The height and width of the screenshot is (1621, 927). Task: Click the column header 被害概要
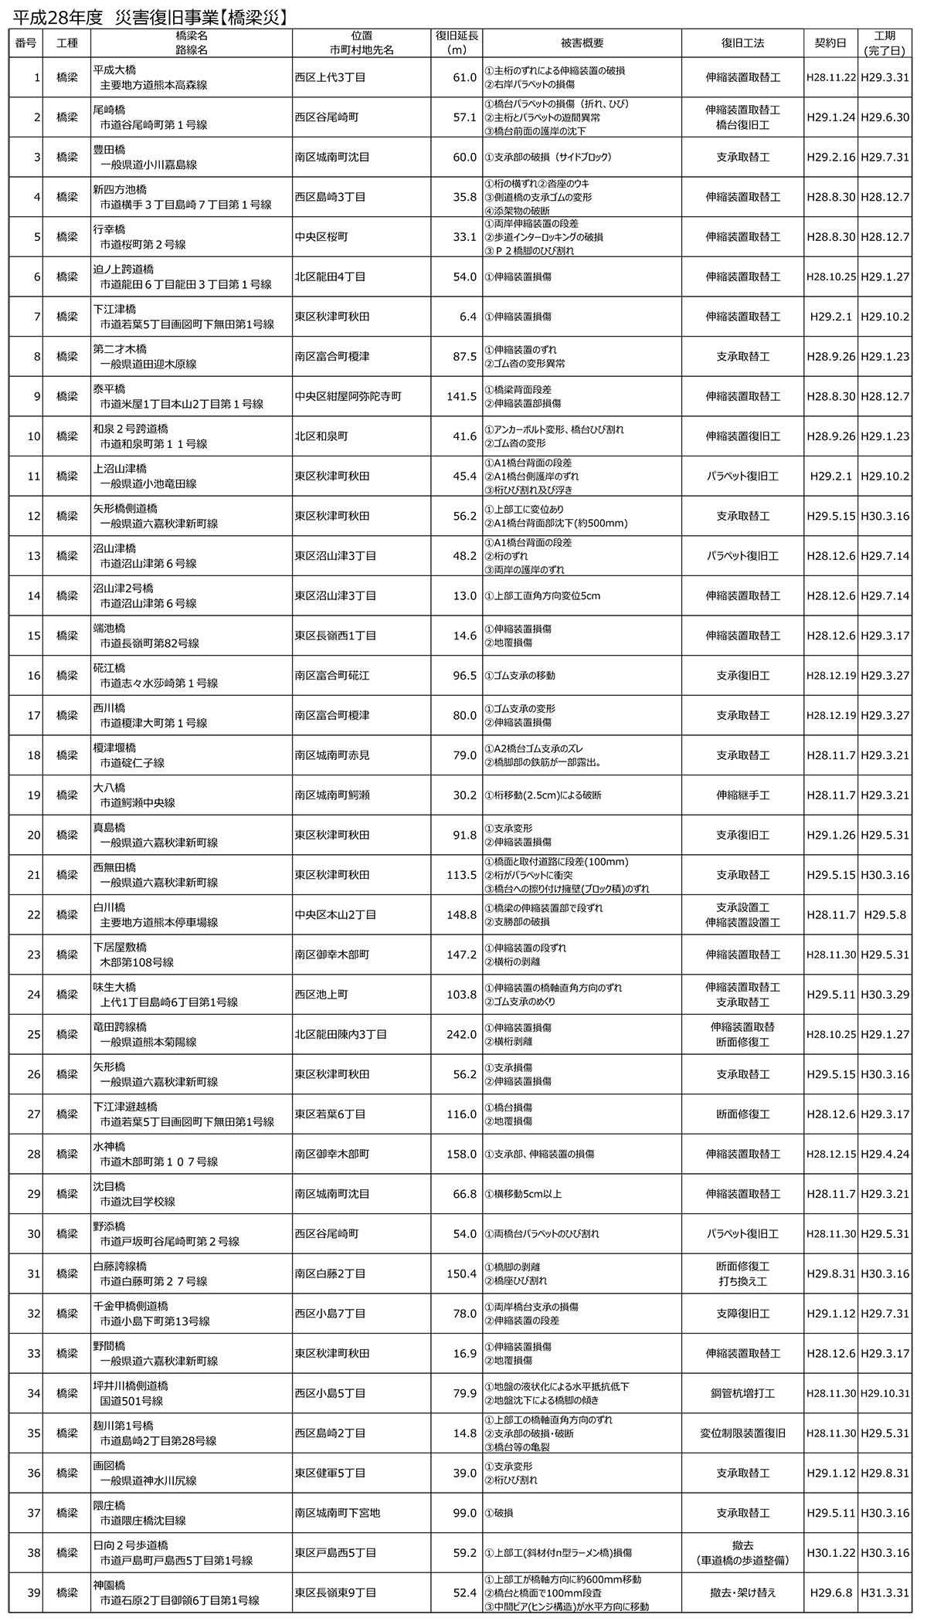(582, 43)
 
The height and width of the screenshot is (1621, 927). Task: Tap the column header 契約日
(830, 43)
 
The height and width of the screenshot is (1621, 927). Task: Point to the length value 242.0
(462, 1034)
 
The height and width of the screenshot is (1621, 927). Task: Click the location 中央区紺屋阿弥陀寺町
(348, 396)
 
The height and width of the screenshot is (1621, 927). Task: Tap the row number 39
(34, 1592)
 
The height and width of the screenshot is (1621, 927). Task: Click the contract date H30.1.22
(830, 1552)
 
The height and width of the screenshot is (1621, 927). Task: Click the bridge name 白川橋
(109, 907)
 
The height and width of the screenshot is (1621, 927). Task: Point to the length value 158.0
(462, 1154)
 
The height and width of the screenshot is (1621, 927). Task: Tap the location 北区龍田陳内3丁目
(341, 1034)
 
